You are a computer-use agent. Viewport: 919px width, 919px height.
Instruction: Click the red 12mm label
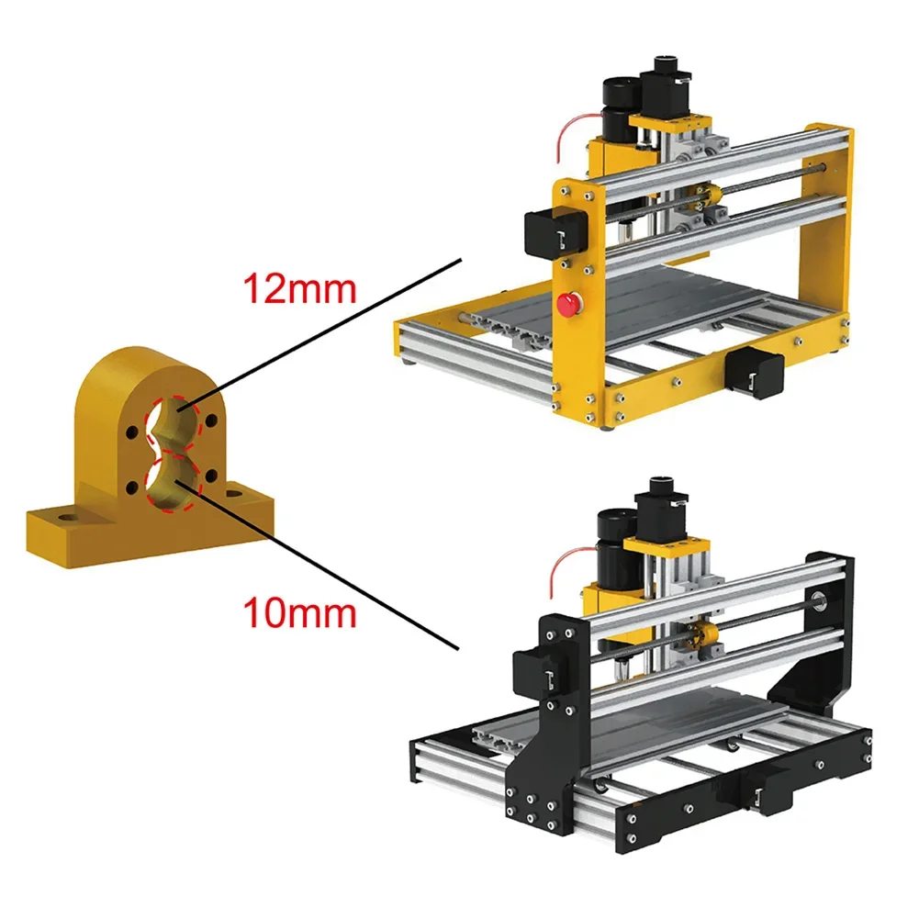pos(297,289)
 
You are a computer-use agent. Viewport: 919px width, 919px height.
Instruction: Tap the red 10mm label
pos(297,612)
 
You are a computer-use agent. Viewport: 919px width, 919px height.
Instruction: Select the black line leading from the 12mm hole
pos(340,331)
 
